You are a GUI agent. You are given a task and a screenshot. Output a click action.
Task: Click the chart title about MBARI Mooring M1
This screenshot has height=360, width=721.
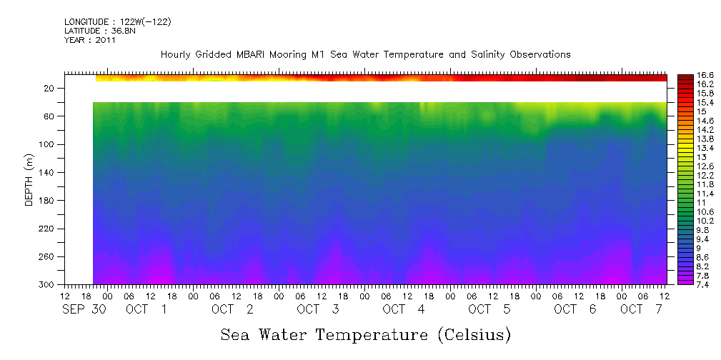365,54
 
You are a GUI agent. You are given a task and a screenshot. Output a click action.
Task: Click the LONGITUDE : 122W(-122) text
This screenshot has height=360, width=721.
117,22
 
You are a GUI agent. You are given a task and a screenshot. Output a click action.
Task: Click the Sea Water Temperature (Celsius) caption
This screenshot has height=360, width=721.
365,334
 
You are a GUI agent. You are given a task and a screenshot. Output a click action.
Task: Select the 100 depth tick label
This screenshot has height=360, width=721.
46,144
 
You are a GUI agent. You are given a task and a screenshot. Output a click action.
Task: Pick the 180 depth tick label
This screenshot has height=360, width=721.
46,201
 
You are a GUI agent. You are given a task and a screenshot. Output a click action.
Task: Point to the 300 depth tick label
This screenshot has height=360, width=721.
46,285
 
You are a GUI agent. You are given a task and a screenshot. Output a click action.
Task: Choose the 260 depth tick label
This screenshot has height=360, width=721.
46,257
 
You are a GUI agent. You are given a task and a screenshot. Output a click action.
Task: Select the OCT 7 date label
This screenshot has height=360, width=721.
641,309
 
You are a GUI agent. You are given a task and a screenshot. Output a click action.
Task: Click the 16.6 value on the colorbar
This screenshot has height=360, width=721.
687,75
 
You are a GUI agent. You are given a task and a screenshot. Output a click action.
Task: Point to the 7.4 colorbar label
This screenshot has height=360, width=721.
685,284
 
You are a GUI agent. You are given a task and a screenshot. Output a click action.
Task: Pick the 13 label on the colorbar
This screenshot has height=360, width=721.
682,156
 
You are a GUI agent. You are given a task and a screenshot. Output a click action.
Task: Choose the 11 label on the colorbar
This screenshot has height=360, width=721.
682,203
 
